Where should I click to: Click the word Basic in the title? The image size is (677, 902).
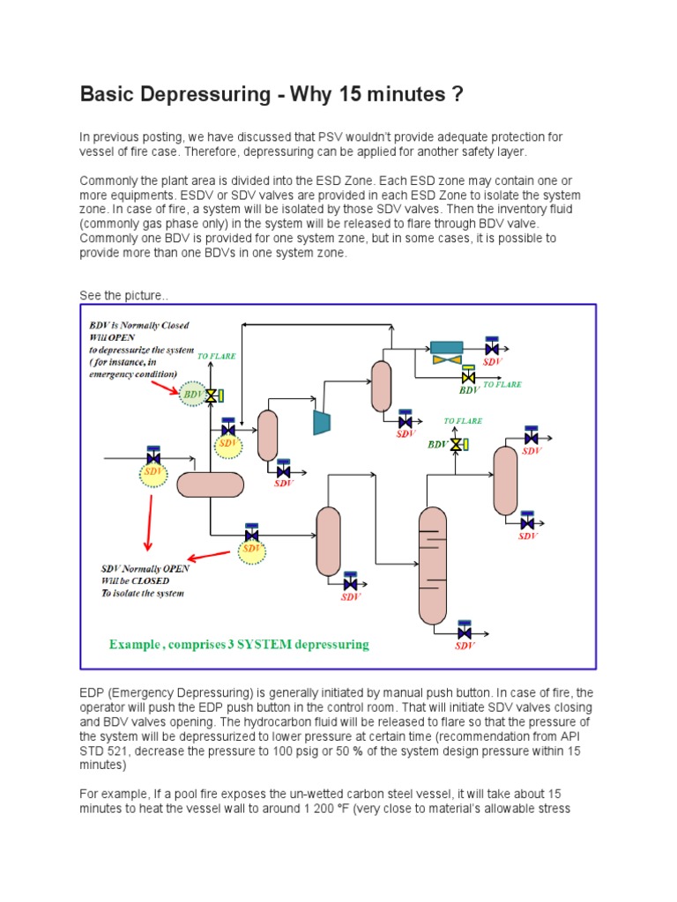coord(110,93)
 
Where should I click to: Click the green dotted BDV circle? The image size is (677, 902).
coord(192,394)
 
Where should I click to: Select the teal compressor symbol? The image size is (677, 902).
coord(322,422)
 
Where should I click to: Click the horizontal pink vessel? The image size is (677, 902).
coord(210,484)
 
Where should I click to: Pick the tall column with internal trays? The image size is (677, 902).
coord(433,564)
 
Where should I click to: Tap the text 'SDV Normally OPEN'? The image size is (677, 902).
coord(145,568)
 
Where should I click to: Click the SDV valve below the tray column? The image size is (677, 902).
coord(465,632)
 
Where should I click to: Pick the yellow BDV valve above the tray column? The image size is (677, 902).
coord(456,445)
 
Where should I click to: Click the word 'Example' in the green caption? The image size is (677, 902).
coord(137,645)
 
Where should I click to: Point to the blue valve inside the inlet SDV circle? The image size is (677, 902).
coord(153,458)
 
